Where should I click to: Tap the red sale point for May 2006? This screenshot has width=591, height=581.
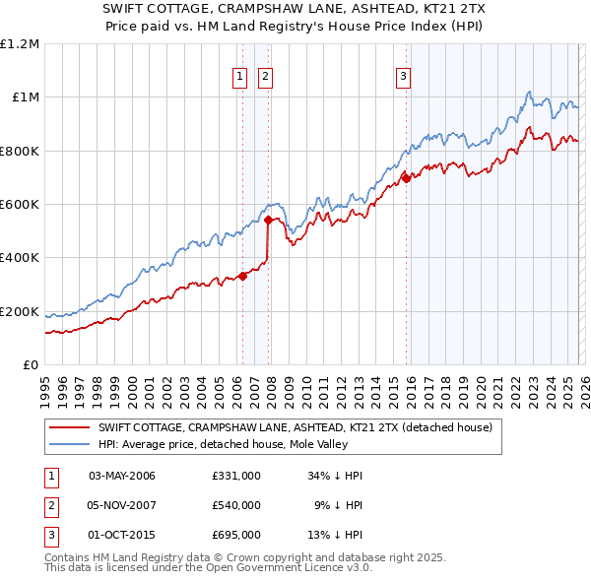242,277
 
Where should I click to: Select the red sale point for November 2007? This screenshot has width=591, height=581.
268,221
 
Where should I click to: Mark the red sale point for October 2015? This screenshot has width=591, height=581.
406,179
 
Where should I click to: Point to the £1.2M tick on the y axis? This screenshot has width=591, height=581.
20,44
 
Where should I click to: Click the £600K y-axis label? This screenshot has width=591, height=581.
20,205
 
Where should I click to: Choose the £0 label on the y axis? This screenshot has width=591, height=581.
30,365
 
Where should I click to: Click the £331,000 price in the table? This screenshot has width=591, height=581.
236,476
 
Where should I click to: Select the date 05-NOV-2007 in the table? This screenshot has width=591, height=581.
122,505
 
